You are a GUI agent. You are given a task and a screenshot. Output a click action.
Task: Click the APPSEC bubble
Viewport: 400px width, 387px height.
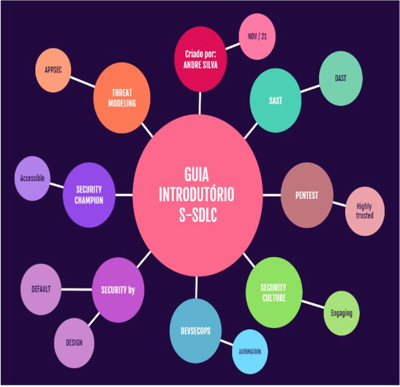53,71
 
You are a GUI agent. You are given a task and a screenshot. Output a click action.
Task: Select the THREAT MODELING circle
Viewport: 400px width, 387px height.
122,98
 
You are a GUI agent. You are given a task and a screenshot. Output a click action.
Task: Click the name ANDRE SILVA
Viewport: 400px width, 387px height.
199,61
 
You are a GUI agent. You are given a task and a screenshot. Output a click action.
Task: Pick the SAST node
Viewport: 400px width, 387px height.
276,101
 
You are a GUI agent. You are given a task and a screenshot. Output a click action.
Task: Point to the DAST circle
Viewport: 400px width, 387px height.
341,79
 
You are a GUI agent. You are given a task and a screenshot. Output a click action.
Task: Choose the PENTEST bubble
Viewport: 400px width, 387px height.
307,195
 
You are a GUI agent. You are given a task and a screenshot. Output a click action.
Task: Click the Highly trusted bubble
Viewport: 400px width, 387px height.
365,211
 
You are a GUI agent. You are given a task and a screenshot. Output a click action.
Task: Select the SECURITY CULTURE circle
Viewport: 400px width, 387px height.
273,292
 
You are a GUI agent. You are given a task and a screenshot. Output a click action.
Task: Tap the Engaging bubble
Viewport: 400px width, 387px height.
341,313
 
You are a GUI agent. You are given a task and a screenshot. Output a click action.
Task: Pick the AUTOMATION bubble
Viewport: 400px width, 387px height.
250,351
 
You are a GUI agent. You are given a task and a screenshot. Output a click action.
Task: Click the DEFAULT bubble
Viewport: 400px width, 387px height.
41,289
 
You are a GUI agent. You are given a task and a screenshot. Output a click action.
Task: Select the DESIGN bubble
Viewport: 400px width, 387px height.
74,342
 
